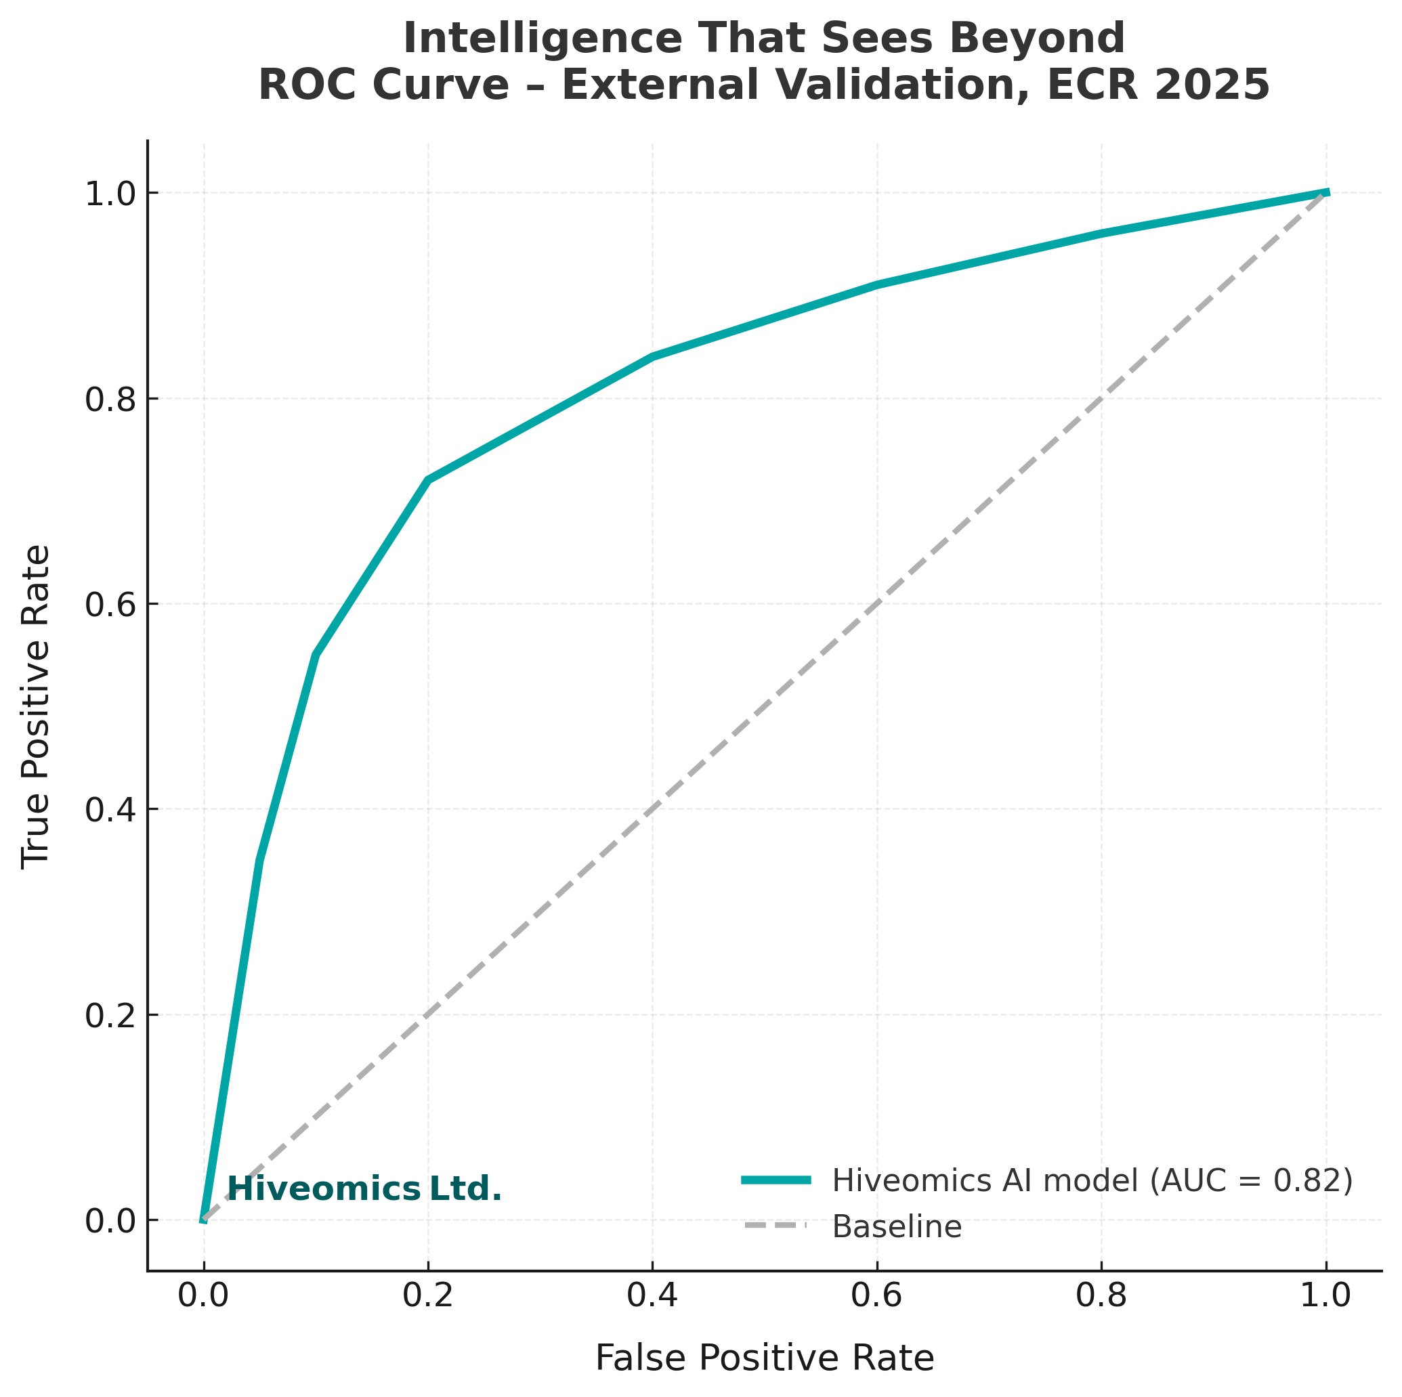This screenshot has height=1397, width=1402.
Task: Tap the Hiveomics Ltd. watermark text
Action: [364, 1189]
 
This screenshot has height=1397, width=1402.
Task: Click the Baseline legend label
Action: [897, 1227]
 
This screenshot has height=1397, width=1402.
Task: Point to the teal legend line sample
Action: [776, 1180]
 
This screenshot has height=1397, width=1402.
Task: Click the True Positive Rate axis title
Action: [35, 706]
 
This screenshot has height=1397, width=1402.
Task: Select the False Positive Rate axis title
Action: [764, 1358]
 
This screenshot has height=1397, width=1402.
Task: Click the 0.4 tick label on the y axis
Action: [110, 810]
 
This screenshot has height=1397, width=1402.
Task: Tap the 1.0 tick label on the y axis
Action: [110, 194]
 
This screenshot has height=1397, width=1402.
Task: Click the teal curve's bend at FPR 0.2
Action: [428, 479]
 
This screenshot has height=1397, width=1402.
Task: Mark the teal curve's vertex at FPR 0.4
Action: [652, 356]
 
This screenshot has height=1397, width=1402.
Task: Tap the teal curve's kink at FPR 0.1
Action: [316, 655]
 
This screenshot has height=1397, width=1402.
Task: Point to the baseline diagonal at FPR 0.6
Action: [876, 604]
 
